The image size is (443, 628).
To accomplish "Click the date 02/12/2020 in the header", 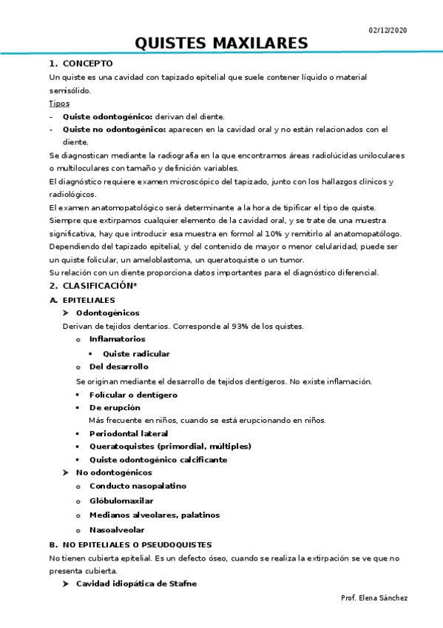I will click(388, 30).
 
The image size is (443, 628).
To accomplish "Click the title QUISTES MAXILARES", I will click(221, 44).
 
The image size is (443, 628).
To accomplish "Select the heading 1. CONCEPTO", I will click(81, 64).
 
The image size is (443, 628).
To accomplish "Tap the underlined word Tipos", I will click(59, 103).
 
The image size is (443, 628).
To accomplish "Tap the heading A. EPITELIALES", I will click(82, 299).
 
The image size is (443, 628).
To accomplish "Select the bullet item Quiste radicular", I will click(136, 353).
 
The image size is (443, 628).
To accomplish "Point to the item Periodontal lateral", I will click(129, 433).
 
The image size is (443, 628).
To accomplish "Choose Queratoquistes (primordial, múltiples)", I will click(170, 446).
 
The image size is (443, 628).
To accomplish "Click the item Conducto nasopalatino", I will click(138, 486).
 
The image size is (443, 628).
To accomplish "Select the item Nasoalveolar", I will click(117, 530).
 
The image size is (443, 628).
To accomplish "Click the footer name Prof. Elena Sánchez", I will click(374, 598).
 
